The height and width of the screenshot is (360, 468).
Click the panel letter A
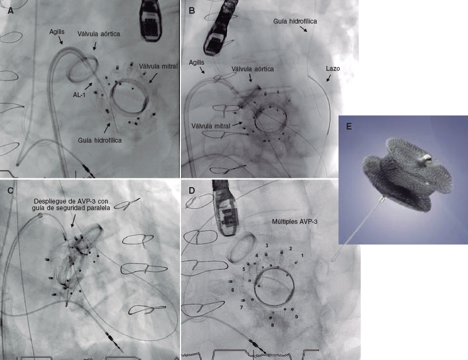click(x=11, y=11)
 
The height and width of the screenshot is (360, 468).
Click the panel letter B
click(x=192, y=11)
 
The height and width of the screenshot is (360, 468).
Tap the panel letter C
click(x=11, y=190)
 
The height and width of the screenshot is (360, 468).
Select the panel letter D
click(x=192, y=190)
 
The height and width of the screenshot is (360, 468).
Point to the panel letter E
click(x=349, y=126)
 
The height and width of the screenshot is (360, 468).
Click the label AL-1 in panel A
click(x=79, y=95)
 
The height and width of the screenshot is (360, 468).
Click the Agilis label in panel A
click(x=57, y=32)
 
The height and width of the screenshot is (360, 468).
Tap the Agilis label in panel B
click(x=196, y=63)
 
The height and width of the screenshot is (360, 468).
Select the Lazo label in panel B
click(x=333, y=69)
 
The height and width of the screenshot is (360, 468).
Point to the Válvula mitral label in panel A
click(x=158, y=66)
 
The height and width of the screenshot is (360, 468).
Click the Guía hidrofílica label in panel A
click(x=100, y=140)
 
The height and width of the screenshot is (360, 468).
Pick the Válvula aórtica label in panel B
click(x=252, y=69)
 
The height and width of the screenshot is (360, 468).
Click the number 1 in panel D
click(x=302, y=256)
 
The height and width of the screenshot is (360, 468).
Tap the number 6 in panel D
click(x=233, y=290)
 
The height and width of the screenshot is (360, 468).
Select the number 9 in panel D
click(x=296, y=317)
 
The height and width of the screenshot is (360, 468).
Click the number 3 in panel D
click(x=267, y=245)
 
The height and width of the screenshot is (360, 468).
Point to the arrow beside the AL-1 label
click(x=88, y=86)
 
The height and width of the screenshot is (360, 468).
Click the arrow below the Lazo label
click(x=329, y=77)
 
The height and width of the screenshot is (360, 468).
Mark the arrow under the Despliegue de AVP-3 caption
click(x=72, y=221)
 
